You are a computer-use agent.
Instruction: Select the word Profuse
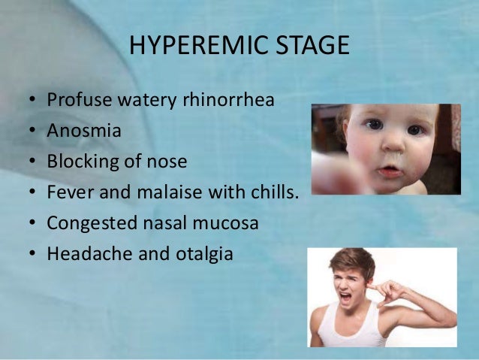pyautogui.click(x=75, y=100)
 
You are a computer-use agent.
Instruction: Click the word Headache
pyautogui.click(x=83, y=254)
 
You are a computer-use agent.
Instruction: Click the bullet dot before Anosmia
pyautogui.click(x=32, y=132)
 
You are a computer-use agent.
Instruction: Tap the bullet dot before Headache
pyautogui.click(x=32, y=255)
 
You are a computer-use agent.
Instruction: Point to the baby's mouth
pyautogui.click(x=389, y=171)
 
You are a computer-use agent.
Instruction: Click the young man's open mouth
pyautogui.click(x=346, y=298)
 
